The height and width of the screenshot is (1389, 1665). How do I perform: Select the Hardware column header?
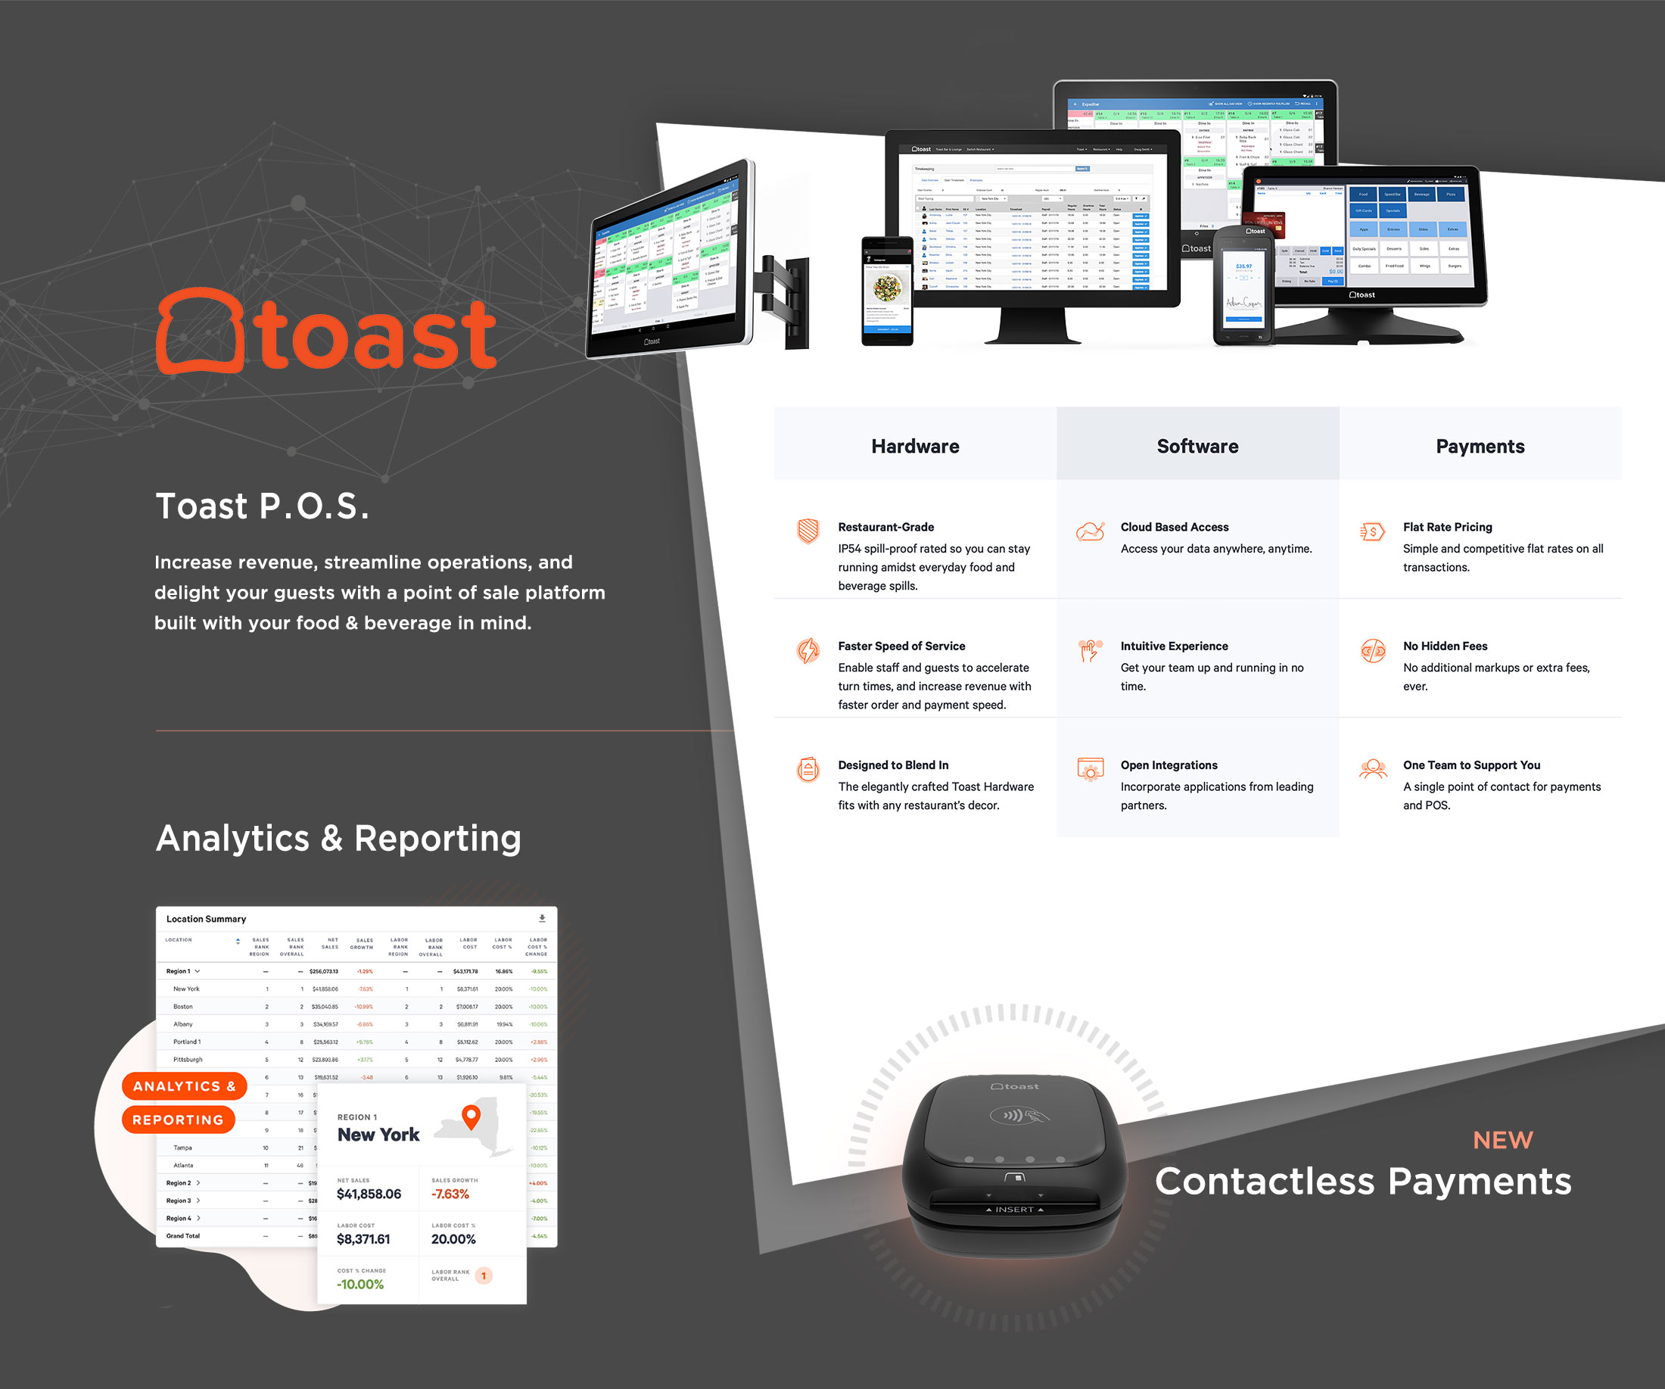tap(915, 447)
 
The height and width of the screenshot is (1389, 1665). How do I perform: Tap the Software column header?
tap(1197, 447)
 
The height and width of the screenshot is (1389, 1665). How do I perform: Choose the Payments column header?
tap(1480, 447)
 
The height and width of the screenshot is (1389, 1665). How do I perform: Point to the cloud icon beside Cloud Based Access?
tap(1090, 531)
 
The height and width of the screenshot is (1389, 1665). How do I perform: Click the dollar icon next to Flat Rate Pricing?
tap(1372, 531)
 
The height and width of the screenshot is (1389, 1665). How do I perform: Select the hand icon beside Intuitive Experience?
tap(1090, 650)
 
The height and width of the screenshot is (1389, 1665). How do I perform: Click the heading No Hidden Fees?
tap(1445, 646)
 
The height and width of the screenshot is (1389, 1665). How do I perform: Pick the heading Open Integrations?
tap(1169, 765)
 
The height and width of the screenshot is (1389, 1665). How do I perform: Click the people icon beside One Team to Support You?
tap(1372, 768)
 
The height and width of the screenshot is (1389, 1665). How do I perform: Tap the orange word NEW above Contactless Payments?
tap(1502, 1140)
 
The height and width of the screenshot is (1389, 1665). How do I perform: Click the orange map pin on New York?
tap(471, 1116)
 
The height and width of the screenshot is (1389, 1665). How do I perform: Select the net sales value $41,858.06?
tap(369, 1194)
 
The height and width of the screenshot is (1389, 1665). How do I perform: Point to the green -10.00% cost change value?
tap(360, 1285)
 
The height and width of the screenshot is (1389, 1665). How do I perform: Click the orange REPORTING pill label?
tap(179, 1120)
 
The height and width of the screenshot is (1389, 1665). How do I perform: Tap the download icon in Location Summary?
tap(543, 918)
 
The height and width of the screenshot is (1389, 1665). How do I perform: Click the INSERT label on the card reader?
tap(1014, 1210)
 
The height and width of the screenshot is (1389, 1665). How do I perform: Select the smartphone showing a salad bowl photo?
tap(887, 291)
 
